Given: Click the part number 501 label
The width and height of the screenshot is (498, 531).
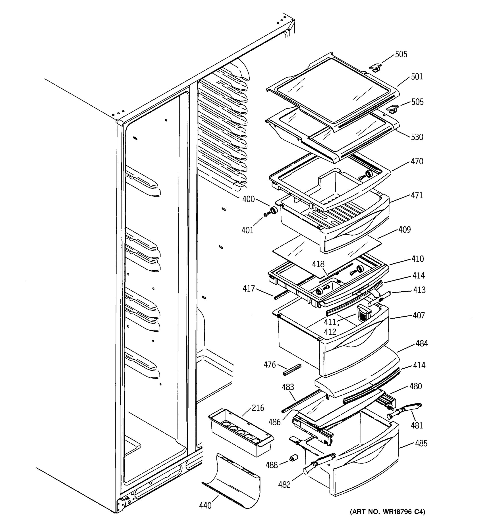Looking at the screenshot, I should (417, 77).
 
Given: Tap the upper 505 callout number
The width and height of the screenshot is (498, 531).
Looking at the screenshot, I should (401, 54).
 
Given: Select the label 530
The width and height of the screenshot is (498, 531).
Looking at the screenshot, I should (417, 137).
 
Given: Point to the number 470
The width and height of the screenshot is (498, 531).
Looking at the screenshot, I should (417, 161).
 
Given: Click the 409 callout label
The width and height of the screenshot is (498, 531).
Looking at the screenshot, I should (404, 230).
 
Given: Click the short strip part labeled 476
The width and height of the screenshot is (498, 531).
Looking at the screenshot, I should (292, 370).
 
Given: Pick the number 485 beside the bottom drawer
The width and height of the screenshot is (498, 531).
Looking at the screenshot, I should (421, 443).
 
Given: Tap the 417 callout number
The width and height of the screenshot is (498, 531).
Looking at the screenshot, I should (249, 289).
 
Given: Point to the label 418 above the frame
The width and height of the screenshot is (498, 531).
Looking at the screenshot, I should (318, 264).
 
